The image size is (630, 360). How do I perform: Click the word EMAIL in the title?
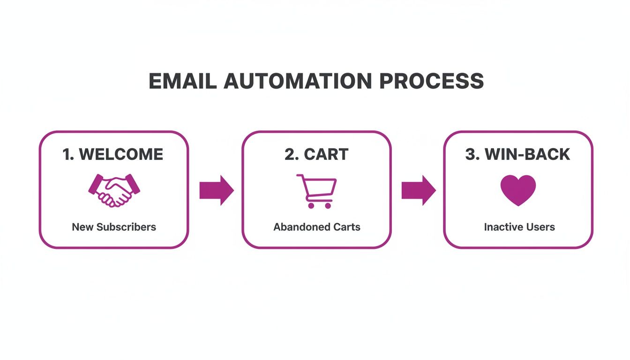pos(182,81)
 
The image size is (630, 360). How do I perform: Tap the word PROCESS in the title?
pos(431,81)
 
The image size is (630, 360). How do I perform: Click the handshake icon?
pos(114,190)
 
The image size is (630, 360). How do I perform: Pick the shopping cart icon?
pos(316,190)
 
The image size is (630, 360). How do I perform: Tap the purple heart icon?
pos(518,190)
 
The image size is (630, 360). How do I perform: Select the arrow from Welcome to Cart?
pos(216,190)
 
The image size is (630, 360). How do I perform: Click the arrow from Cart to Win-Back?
pos(418,190)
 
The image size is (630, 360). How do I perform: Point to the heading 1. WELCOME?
pos(113,155)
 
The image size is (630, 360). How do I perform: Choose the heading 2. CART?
pos(316,155)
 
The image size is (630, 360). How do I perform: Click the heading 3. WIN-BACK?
pos(517,155)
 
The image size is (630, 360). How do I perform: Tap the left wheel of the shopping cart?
pos(311,205)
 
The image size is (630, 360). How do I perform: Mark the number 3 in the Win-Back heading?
pos(470,155)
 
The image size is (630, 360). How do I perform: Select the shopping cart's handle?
pos(300,177)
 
